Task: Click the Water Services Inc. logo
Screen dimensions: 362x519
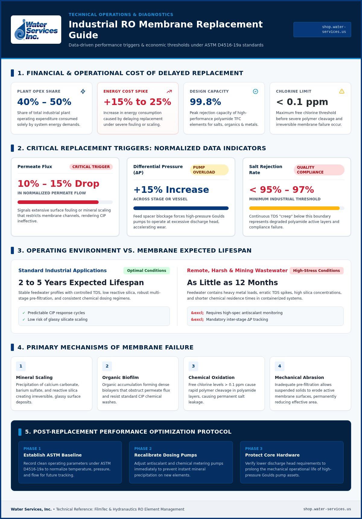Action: pyautogui.click(x=36, y=30)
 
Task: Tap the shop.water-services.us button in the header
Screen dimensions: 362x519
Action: pyautogui.click(x=322, y=30)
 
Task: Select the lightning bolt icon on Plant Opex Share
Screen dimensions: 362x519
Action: pyautogui.click(x=83, y=91)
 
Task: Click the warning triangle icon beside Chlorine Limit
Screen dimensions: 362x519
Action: pyautogui.click(x=342, y=91)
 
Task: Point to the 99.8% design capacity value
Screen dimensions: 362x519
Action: pyautogui.click(x=205, y=102)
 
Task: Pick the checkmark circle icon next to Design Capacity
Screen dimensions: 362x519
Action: pyautogui.click(x=256, y=91)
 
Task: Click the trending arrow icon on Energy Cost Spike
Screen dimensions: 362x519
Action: pyautogui.click(x=169, y=91)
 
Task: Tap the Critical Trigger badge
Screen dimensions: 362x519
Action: pyautogui.click(x=91, y=167)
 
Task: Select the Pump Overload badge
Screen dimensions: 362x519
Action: pyautogui.click(x=209, y=170)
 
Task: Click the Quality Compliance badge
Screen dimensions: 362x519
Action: pyautogui.click(x=319, y=170)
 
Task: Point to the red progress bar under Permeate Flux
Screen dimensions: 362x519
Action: pyautogui.click(x=58, y=202)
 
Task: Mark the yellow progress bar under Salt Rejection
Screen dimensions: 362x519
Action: pyautogui.click(x=294, y=208)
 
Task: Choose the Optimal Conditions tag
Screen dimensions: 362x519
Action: pyautogui.click(x=147, y=271)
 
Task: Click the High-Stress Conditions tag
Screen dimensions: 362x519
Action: pyautogui.click(x=316, y=271)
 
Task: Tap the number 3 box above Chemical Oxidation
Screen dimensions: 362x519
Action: pyautogui.click(x=193, y=366)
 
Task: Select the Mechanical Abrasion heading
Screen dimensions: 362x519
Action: pyautogui.click(x=299, y=377)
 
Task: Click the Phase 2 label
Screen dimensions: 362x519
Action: pyautogui.click(x=143, y=449)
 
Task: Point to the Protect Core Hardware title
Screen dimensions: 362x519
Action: pyautogui.click(x=272, y=455)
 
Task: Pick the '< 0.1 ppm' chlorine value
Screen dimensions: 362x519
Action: pyautogui.click(x=302, y=102)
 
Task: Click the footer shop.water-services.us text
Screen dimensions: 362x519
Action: pyautogui.click(x=327, y=509)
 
